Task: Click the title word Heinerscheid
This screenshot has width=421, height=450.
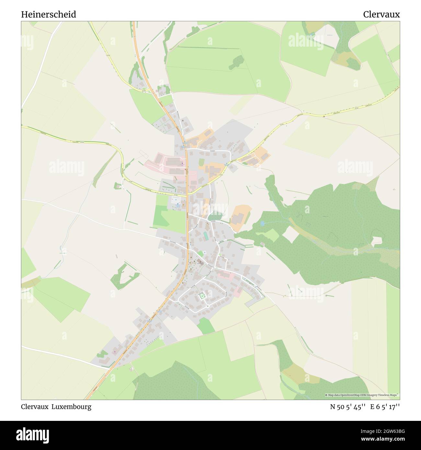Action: point(49,15)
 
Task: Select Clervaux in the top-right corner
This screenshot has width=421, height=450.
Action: point(381,15)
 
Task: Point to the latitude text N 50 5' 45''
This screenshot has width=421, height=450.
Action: point(348,407)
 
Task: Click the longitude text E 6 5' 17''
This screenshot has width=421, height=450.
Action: point(385,407)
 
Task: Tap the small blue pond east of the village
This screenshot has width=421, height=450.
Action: point(262,223)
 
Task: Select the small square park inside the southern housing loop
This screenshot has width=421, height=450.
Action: point(202,296)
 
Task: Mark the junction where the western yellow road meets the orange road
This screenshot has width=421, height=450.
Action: point(187,195)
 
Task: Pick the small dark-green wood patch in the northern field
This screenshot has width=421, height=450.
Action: point(237,62)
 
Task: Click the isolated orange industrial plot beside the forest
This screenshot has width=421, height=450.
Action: point(240,218)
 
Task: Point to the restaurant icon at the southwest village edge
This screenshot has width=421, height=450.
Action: point(114,352)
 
